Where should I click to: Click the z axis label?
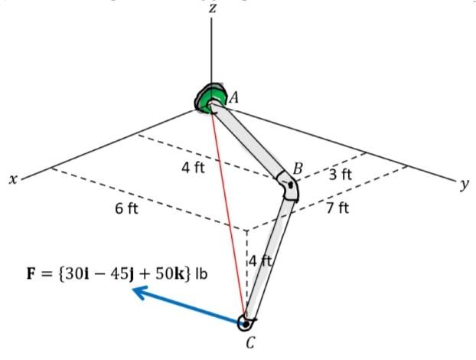(212, 9)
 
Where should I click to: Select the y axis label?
(464, 184)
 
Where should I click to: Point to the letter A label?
(233, 97)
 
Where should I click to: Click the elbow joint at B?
(289, 187)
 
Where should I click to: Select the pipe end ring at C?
(246, 322)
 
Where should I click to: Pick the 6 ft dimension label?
(126, 208)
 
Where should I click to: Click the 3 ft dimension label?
(341, 175)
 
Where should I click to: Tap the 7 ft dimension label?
(337, 208)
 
